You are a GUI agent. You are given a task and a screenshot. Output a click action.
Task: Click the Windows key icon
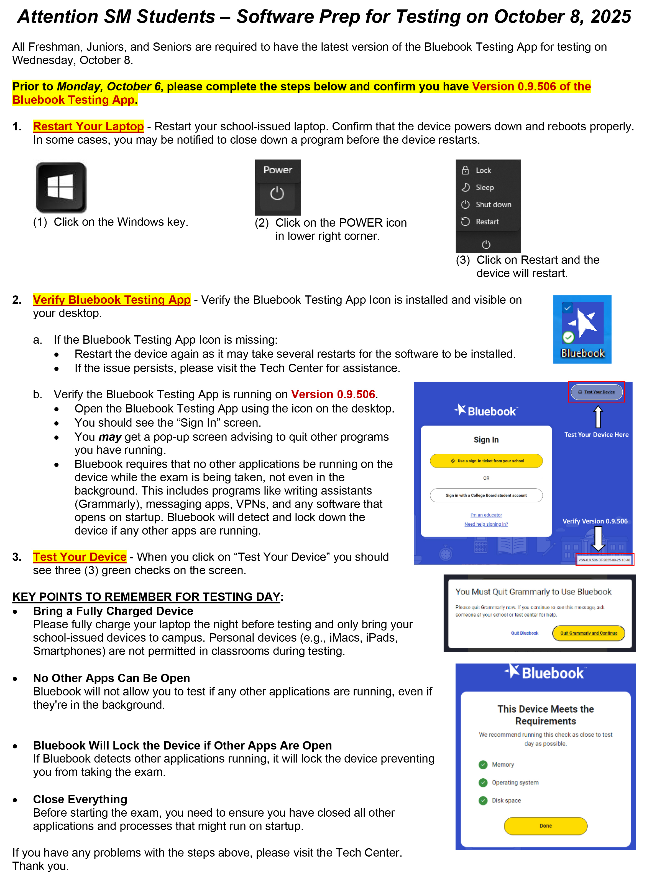[x=61, y=187]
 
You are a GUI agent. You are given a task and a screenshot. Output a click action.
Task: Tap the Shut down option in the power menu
[x=493, y=205]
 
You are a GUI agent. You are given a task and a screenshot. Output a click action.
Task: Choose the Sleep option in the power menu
[x=484, y=187]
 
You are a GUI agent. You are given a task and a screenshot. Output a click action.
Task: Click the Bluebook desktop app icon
[x=582, y=329]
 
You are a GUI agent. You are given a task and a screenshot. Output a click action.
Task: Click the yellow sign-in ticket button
[x=486, y=461]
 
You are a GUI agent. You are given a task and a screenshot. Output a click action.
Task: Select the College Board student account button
[x=486, y=495]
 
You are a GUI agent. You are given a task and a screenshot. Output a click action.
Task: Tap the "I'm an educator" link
[x=486, y=515]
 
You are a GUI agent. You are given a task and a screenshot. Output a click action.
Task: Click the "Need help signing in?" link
[x=486, y=524]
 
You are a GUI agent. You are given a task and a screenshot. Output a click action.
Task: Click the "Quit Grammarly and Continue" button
[x=588, y=633]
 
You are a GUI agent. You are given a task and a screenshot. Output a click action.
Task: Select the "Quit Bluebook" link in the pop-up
[x=524, y=633]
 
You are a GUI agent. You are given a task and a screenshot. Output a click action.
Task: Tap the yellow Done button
[x=545, y=826]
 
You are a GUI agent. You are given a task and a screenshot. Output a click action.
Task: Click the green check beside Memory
[x=483, y=765]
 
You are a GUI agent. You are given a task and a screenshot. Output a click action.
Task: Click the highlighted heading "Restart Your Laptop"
[x=88, y=126]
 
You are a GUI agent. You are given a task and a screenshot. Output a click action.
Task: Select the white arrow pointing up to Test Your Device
[x=598, y=417]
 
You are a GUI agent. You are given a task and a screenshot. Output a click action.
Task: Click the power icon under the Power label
[x=277, y=194]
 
